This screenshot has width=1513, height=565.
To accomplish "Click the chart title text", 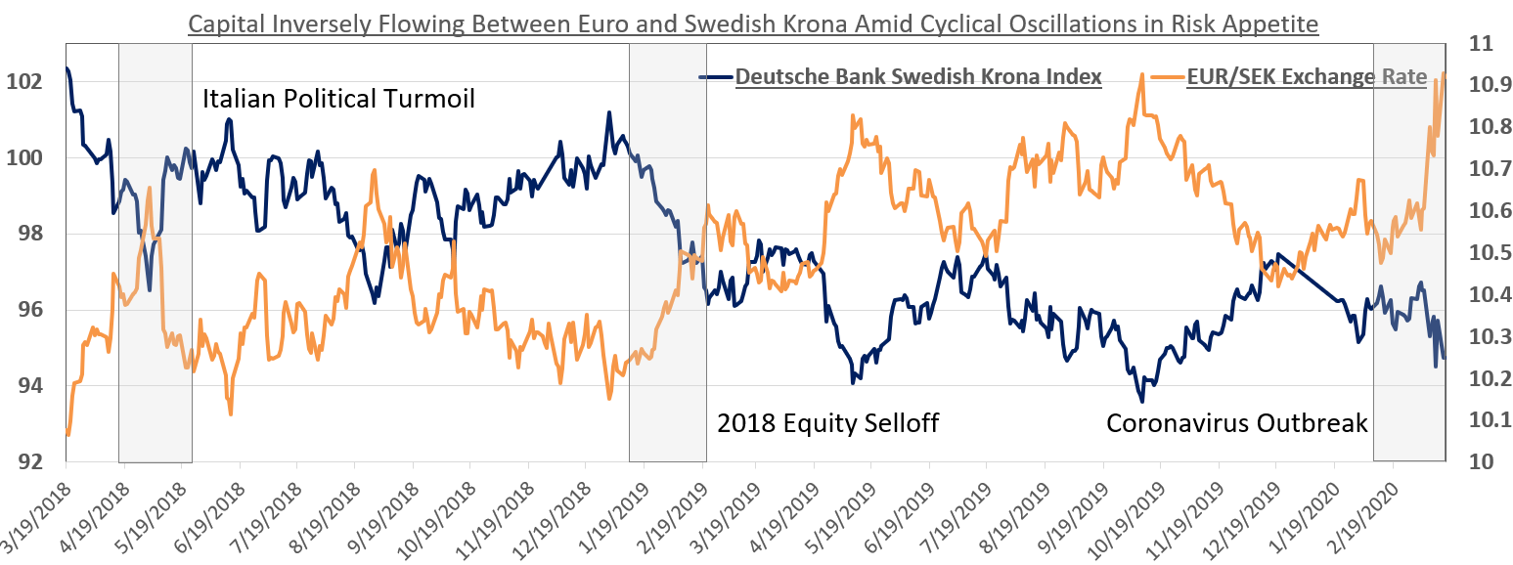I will [753, 22].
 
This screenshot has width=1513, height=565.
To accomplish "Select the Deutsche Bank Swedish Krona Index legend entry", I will [918, 77].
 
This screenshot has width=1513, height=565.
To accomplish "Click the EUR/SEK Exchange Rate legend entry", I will [1307, 77].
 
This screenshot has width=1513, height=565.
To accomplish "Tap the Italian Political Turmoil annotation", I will [338, 99].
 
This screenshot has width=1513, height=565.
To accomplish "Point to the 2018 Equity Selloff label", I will [827, 423].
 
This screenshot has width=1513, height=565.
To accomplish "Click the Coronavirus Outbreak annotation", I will [1236, 423].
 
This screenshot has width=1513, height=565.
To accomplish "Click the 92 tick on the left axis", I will [32, 461].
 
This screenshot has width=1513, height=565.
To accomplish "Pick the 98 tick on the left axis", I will [32, 234].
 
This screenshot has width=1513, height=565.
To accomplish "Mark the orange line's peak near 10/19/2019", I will [1141, 74].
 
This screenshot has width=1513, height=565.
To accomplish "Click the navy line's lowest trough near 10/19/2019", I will [1141, 401].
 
